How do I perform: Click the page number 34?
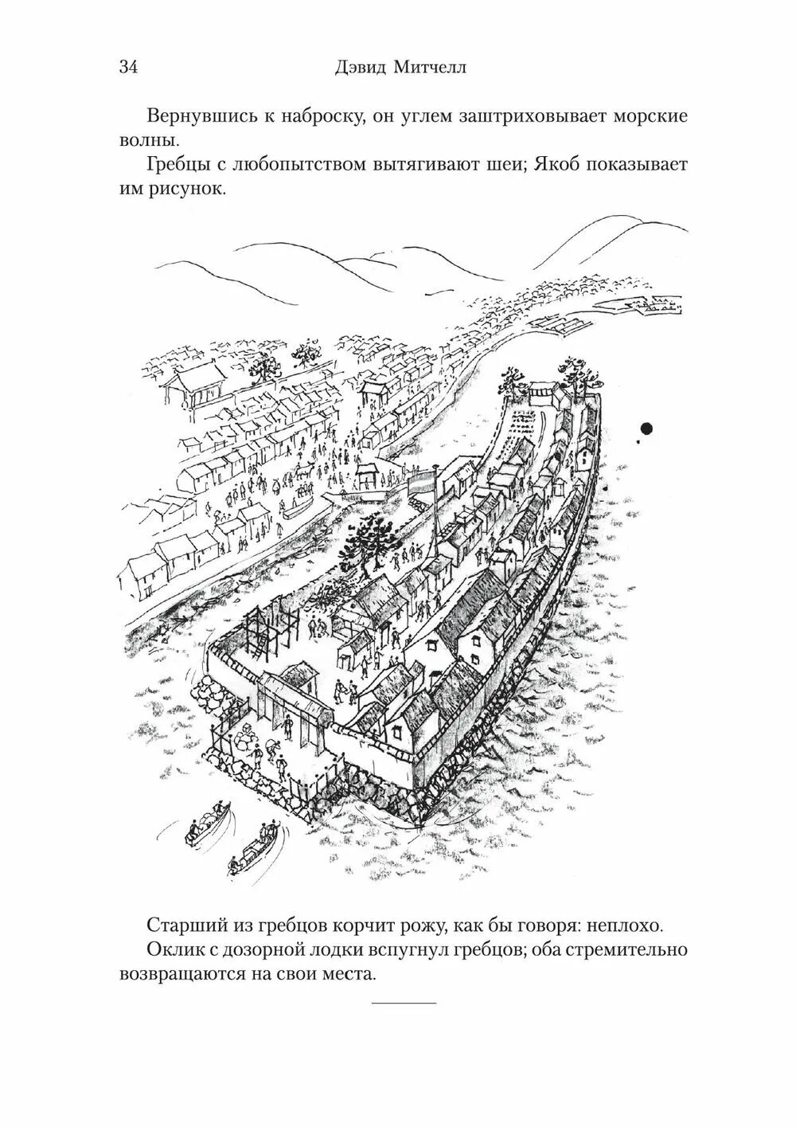(x=129, y=67)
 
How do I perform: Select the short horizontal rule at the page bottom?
(x=404, y=1001)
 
